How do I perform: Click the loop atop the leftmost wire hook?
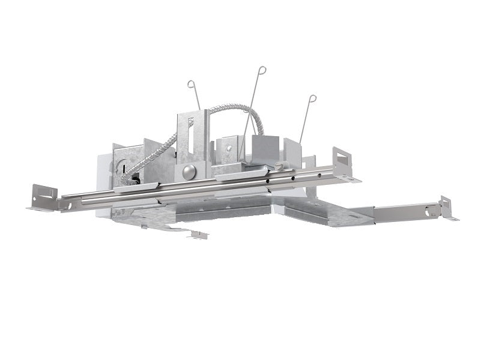click(191, 83)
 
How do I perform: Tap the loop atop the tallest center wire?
click(262, 70)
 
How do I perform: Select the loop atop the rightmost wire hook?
click(312, 98)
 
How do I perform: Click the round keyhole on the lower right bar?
click(429, 211)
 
